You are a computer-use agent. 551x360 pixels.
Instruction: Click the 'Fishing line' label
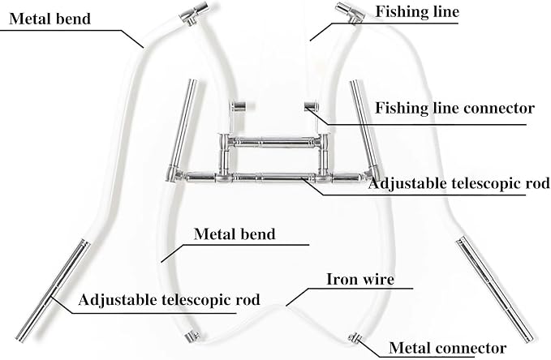pyautogui.click(x=417, y=11)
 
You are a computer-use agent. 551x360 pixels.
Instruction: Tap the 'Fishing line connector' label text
pyautogui.click(x=454, y=108)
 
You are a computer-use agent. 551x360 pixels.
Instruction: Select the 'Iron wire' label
pyautogui.click(x=360, y=279)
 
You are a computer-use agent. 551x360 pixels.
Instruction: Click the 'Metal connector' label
pyautogui.click(x=447, y=348)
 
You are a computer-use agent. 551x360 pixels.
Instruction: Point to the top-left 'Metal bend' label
pyautogui.click(x=50, y=19)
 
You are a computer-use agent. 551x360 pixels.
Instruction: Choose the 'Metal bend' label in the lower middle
pyautogui.click(x=235, y=234)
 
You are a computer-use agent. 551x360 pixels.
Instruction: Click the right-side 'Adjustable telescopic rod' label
pyautogui.click(x=458, y=183)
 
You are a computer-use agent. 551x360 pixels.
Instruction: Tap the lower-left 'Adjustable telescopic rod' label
pyautogui.click(x=169, y=300)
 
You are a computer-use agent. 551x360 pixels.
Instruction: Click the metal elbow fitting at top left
pyautogui.click(x=194, y=13)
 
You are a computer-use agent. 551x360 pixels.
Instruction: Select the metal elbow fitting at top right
pyautogui.click(x=349, y=13)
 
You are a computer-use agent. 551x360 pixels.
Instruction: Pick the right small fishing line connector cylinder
pyautogui.click(x=312, y=106)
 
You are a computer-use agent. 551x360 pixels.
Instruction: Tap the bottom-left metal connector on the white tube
pyautogui.click(x=192, y=336)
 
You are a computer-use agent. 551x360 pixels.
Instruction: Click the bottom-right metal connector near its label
pyautogui.click(x=355, y=337)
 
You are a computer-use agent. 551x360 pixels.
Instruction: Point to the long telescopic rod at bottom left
pyautogui.click(x=53, y=290)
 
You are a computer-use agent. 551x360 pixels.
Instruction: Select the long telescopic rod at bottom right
pyautogui.click(x=497, y=289)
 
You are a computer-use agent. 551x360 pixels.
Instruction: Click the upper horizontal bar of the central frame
pyautogui.click(x=274, y=142)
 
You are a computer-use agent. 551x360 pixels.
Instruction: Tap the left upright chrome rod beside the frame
pyautogui.click(x=183, y=126)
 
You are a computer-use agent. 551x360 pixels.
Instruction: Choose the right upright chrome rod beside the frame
pyautogui.click(x=364, y=126)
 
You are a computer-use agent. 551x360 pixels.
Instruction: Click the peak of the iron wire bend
pyautogui.click(x=278, y=306)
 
